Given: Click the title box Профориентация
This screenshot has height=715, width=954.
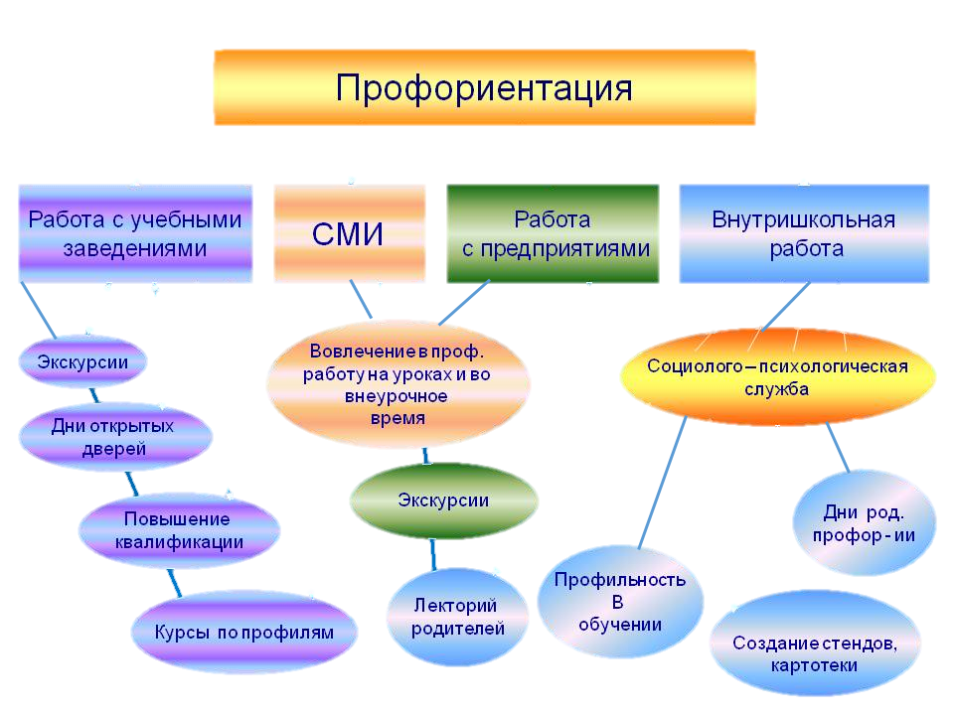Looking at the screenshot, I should [484, 87].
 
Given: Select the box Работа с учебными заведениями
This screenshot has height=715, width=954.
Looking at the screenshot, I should [135, 233].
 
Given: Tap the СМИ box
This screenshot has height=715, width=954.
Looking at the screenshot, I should [349, 234].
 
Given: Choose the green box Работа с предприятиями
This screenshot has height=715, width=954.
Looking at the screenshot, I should [553, 233].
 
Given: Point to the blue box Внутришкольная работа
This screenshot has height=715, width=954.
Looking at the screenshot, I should [804, 233].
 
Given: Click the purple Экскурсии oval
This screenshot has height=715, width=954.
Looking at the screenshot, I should [82, 361].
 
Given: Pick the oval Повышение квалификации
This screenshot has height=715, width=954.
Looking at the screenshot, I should [178, 530].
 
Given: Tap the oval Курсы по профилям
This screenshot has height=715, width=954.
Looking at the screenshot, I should [243, 633].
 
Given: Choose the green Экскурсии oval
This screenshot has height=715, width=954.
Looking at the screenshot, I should [443, 500].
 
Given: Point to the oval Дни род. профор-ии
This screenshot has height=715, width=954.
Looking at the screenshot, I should [863, 522].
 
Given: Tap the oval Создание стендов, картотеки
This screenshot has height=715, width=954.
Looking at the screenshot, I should [814, 653].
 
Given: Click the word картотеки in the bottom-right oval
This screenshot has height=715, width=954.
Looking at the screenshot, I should [813, 665].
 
